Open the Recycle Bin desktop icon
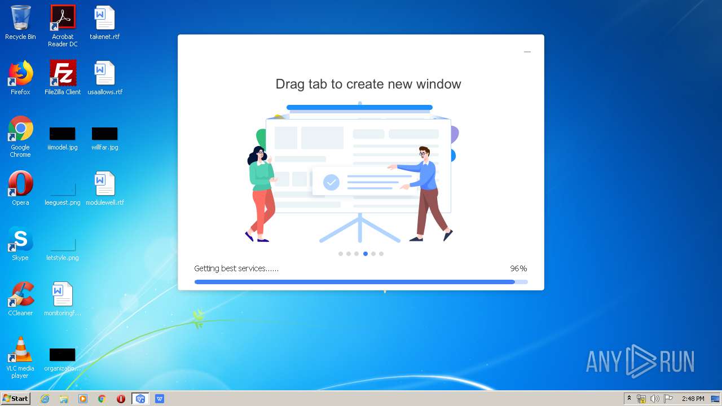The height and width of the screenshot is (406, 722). [x=20, y=18]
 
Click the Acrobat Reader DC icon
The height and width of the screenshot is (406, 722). [x=63, y=17]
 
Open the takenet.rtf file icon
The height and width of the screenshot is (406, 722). [x=104, y=18]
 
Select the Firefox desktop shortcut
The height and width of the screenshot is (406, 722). [x=20, y=73]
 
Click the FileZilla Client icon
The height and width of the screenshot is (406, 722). [x=63, y=73]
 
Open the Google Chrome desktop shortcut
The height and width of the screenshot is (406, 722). [x=20, y=128]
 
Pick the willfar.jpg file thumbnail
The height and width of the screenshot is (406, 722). [x=105, y=134]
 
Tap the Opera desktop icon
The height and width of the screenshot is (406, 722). [x=20, y=183]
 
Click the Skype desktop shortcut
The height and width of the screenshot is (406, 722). [x=20, y=239]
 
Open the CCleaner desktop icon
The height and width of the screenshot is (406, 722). [x=21, y=294]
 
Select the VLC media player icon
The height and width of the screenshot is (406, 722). [x=20, y=349]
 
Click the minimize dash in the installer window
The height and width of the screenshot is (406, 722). [x=527, y=51]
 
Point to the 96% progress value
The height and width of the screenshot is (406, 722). [x=518, y=268]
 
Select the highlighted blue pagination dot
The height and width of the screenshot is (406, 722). [x=365, y=254]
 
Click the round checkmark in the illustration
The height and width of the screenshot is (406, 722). [x=331, y=182]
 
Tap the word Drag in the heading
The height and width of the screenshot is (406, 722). [x=290, y=85]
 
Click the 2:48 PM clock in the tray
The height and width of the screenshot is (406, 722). [x=693, y=399]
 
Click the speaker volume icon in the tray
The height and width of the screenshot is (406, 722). [x=655, y=399]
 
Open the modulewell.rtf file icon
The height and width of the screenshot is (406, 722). [x=104, y=183]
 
